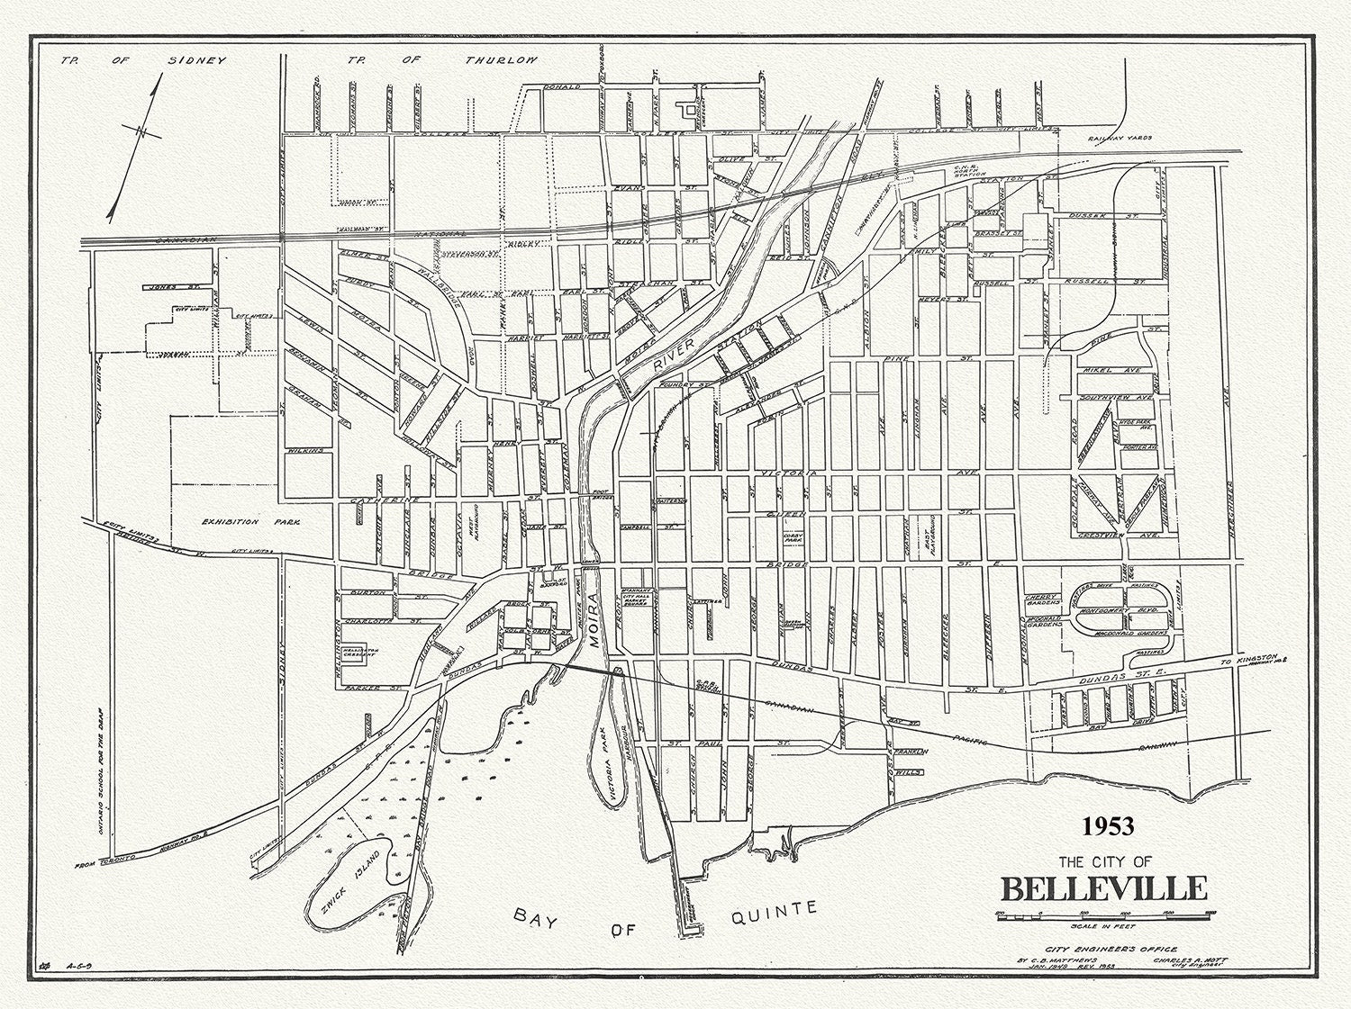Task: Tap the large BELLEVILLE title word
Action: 1103,887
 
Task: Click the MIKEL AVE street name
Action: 1115,370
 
